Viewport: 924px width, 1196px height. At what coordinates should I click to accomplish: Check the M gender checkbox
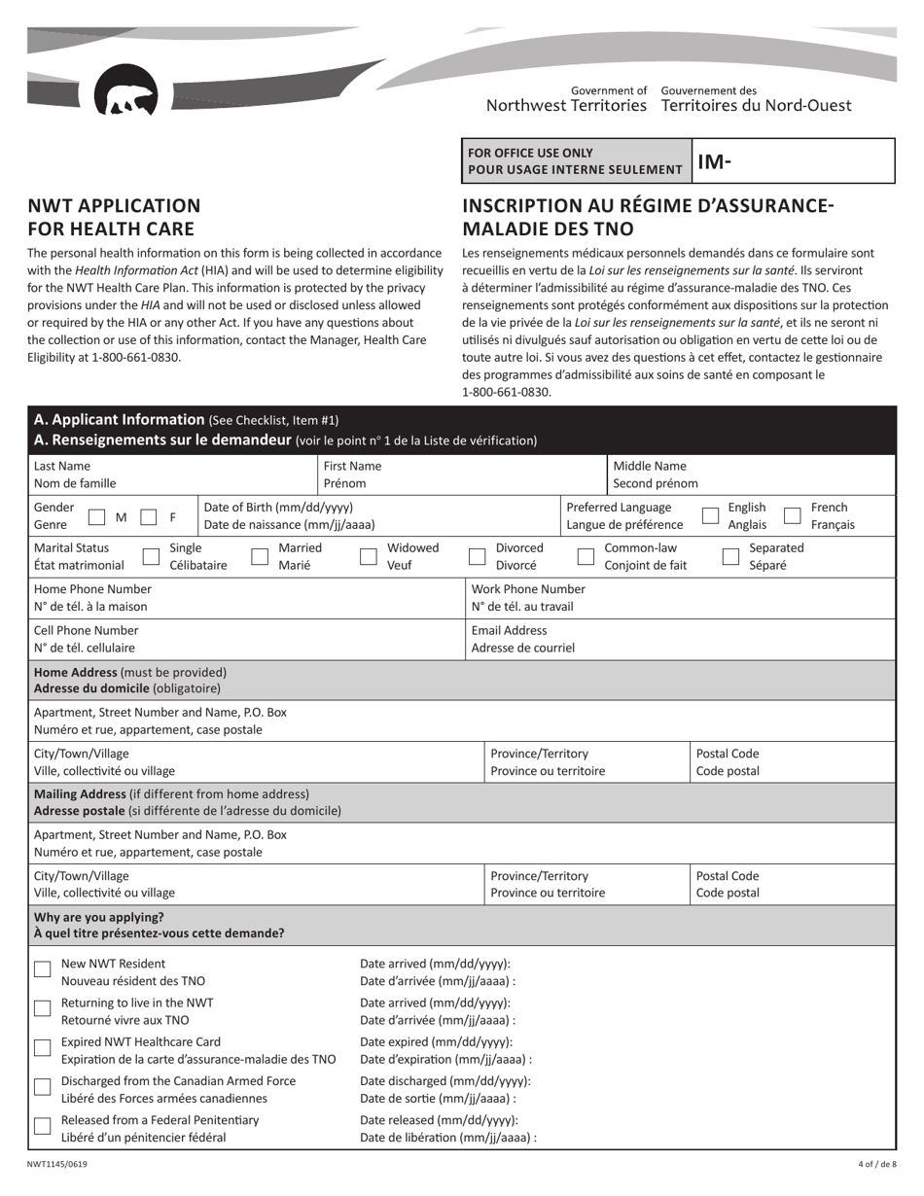97,517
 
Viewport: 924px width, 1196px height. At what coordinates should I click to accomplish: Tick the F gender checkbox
149,517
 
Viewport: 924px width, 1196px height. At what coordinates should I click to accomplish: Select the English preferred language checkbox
711,516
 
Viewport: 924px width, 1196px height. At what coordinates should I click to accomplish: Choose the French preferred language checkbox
793,516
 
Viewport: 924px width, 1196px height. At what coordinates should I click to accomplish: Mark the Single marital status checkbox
151,556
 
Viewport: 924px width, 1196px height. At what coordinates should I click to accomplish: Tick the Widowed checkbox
369,556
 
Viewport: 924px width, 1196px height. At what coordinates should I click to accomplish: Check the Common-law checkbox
586,556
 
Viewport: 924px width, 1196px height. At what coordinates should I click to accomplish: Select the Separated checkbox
731,556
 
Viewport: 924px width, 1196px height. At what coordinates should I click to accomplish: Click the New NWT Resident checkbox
43,969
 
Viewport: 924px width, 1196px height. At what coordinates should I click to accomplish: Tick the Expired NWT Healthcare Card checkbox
43,1047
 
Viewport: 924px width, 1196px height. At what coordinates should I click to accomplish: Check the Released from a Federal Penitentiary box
43,1126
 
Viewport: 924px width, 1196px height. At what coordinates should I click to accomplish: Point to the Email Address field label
509,630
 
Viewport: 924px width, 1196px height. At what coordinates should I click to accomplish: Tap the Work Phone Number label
528,589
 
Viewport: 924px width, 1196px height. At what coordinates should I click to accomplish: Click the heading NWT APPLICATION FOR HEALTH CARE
114,217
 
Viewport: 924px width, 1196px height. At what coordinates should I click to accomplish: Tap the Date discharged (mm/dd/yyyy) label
445,1080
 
